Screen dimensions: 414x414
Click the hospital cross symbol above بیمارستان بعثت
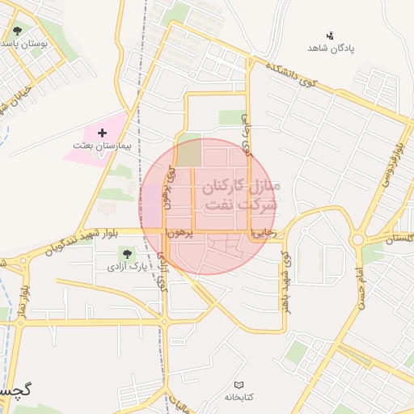[102, 133]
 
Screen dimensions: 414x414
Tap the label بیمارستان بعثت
[101, 148]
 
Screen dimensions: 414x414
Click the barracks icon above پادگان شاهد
[330, 35]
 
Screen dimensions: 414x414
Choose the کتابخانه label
[238, 397]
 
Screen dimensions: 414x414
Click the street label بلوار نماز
[25, 301]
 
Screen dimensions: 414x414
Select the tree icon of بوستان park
[18, 32]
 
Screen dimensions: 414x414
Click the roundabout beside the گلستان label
[357, 239]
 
